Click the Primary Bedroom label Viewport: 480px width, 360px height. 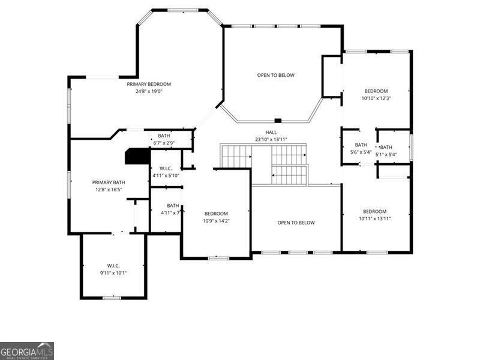[149, 84]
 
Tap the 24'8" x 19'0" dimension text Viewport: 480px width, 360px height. [149, 91]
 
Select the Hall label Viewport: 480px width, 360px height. [271, 132]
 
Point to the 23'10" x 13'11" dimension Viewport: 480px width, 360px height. [271, 139]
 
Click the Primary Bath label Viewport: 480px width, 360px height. [109, 182]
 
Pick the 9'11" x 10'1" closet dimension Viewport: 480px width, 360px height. [113, 272]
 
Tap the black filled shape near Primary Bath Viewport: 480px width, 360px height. [137, 157]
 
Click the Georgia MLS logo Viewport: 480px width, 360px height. [27, 350]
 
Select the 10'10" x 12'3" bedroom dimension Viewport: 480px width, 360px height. [376, 98]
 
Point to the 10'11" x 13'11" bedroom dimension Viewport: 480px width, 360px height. [374, 218]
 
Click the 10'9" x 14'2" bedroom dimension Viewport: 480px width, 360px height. [216, 221]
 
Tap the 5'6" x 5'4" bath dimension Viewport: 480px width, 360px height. [361, 152]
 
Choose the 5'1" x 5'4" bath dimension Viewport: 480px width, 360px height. [386, 155]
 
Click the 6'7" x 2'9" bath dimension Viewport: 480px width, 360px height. [164, 143]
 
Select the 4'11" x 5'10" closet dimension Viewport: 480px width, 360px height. [166, 175]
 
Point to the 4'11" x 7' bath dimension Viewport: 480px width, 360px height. [171, 212]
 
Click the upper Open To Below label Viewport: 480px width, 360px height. [276, 75]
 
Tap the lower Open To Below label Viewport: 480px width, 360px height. [296, 223]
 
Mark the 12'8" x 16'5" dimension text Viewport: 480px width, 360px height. [109, 190]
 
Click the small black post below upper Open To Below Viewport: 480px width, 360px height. [278, 121]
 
